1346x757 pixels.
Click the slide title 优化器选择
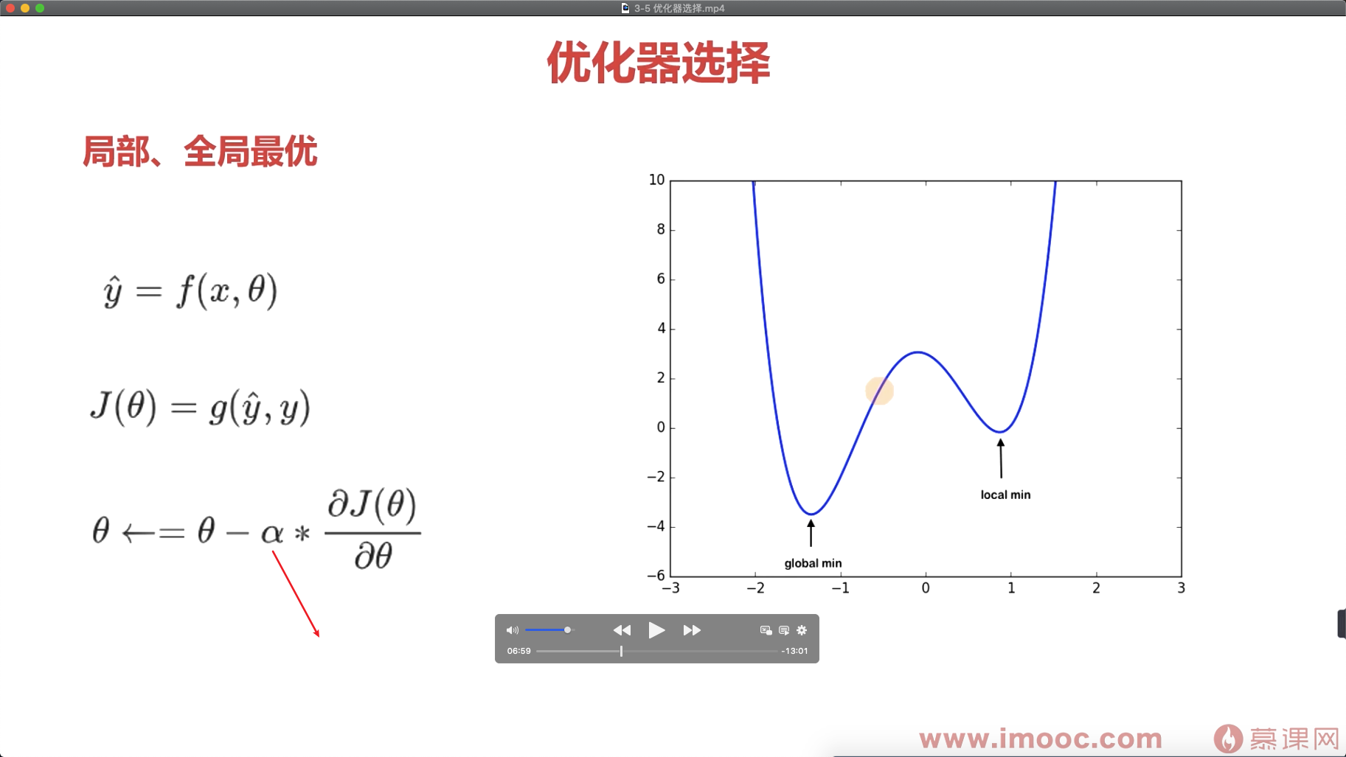pyautogui.click(x=659, y=63)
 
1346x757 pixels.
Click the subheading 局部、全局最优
pyautogui.click(x=200, y=152)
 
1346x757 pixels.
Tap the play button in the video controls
pyautogui.click(x=656, y=630)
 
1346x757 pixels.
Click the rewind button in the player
pyautogui.click(x=622, y=630)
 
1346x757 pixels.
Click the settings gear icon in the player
pyautogui.click(x=802, y=630)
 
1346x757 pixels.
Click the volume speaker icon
pyautogui.click(x=512, y=630)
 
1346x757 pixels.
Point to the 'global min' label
pyautogui.click(x=813, y=563)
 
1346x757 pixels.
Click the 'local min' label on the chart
pyautogui.click(x=1005, y=495)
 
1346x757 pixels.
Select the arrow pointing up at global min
pyautogui.click(x=811, y=533)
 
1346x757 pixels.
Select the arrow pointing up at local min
pyautogui.click(x=1001, y=458)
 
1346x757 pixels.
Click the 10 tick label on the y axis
pyautogui.click(x=656, y=180)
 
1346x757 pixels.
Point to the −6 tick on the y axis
pyautogui.click(x=656, y=576)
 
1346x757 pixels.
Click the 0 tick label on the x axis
pyautogui.click(x=926, y=588)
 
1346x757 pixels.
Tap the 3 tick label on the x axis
pyautogui.click(x=1181, y=588)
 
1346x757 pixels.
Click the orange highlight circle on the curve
pyautogui.click(x=879, y=391)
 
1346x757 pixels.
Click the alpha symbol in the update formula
pyautogui.click(x=272, y=533)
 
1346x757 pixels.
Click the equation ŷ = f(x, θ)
pyautogui.click(x=190, y=290)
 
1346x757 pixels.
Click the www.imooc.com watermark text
pyautogui.click(x=1041, y=739)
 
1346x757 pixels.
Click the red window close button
pyautogui.click(x=10, y=8)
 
